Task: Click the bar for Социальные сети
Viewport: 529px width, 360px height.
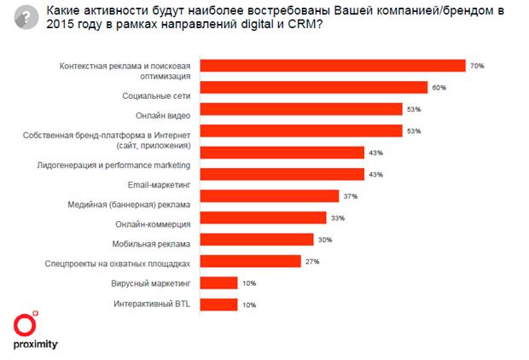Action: [x=313, y=87]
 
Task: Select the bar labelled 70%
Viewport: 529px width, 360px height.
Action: [x=332, y=66]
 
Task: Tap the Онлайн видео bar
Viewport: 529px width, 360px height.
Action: [x=300, y=108]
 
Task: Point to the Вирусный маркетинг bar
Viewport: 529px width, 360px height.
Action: [x=218, y=282]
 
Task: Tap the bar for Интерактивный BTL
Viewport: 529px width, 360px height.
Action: [x=218, y=304]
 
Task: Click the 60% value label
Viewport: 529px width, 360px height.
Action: [x=439, y=87]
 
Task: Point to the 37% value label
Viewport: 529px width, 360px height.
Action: [x=351, y=195]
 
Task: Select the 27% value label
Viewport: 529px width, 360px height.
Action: [x=312, y=260]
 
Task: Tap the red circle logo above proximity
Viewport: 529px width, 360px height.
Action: [x=26, y=325]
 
